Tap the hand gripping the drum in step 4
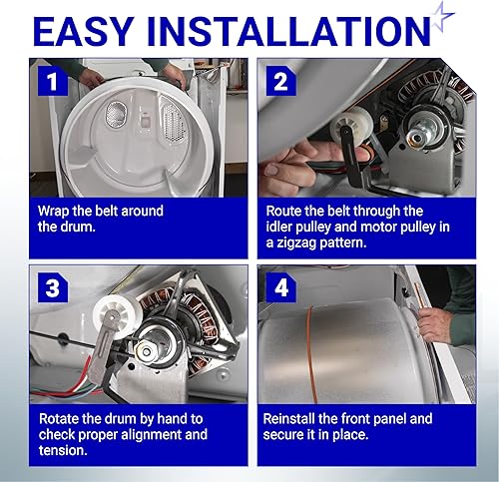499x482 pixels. (435, 321)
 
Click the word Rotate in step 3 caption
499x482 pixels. (59, 419)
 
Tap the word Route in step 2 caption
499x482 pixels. (285, 211)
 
